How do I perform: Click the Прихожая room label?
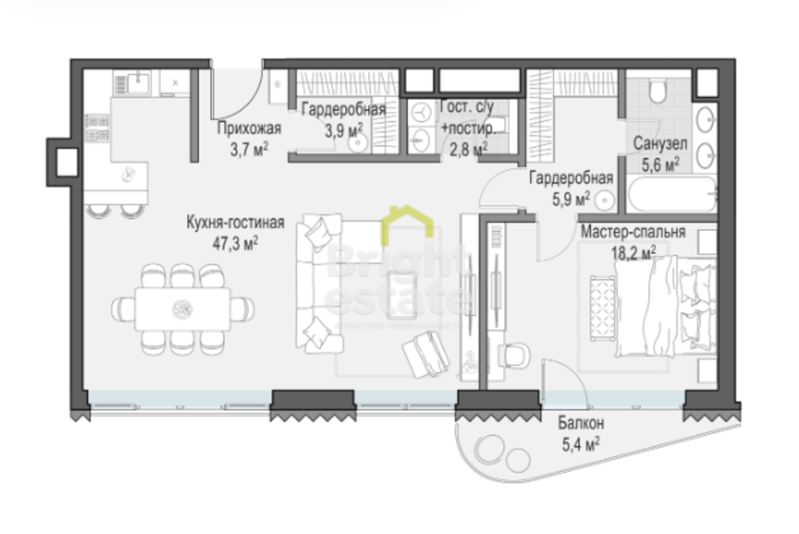243,126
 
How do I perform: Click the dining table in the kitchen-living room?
183,308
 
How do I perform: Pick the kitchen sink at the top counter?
138,84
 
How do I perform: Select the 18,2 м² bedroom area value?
632,251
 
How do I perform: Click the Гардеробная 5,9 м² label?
560,178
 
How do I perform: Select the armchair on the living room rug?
427,352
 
